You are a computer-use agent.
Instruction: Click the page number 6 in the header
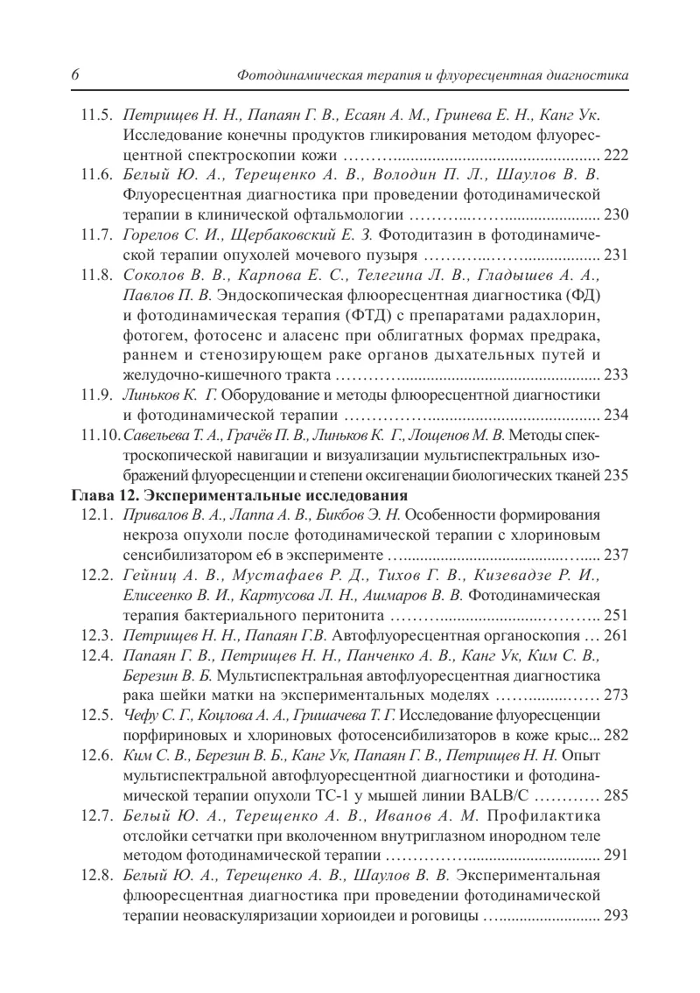tap(75, 77)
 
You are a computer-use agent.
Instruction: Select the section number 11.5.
tap(94, 115)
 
